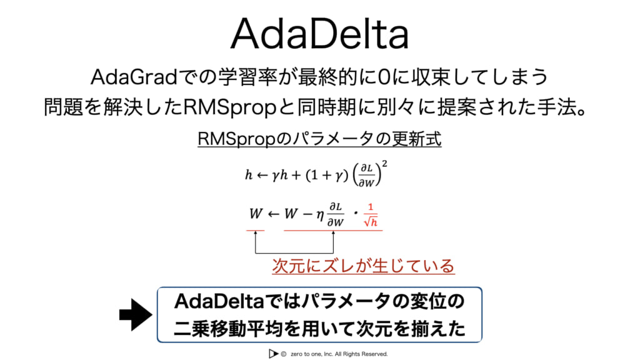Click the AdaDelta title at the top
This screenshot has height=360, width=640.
[x=319, y=33]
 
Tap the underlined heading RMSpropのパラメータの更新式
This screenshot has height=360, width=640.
[x=319, y=139]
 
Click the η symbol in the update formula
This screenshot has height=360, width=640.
[x=320, y=216]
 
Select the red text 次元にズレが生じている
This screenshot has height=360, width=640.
[x=363, y=266]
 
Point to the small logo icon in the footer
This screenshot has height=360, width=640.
[x=272, y=354]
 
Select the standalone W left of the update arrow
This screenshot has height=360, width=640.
[x=256, y=214]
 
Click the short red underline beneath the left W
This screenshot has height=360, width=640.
[x=256, y=230]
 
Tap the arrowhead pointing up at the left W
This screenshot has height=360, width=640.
[x=256, y=234]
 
